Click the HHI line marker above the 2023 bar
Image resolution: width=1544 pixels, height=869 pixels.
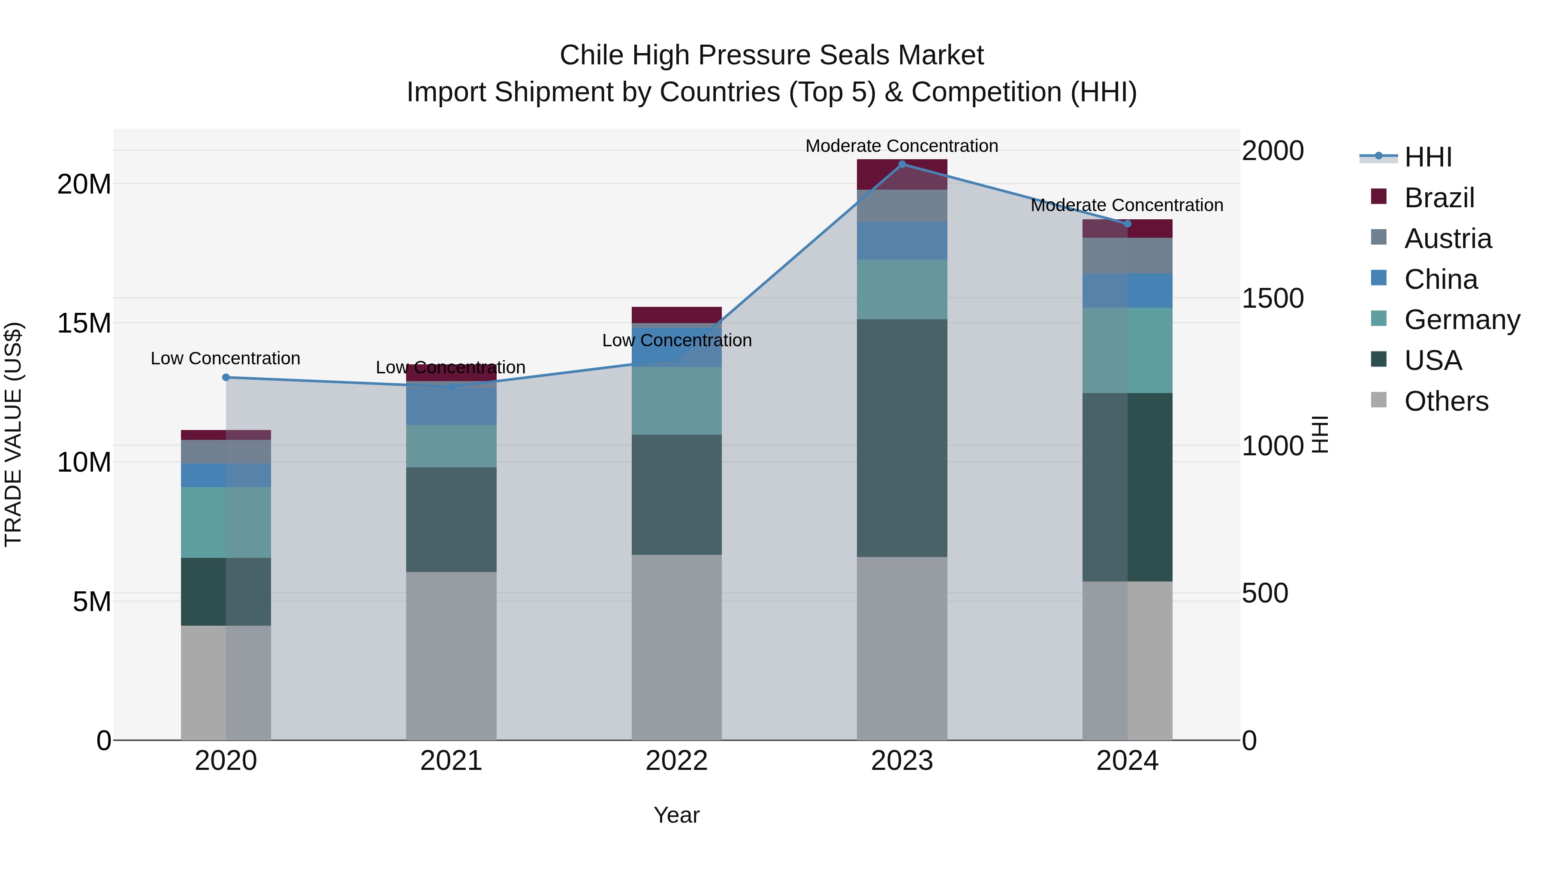pos(902,164)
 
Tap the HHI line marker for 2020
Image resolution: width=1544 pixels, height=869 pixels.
pos(226,377)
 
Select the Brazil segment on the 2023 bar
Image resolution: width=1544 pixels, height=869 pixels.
pos(902,175)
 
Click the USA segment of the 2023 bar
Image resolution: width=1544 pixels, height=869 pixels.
pos(902,438)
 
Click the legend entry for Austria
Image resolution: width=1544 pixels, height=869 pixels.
pos(1447,239)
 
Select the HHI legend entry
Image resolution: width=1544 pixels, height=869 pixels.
pos(1428,157)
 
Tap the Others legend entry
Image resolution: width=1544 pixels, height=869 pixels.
pos(1446,401)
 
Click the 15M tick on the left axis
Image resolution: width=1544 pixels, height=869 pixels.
pos(84,323)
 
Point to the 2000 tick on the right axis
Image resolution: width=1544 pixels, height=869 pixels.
pos(1272,151)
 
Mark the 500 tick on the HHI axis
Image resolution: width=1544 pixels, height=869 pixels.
pos(1265,593)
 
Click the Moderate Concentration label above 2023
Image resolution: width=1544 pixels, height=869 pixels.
pos(902,146)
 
